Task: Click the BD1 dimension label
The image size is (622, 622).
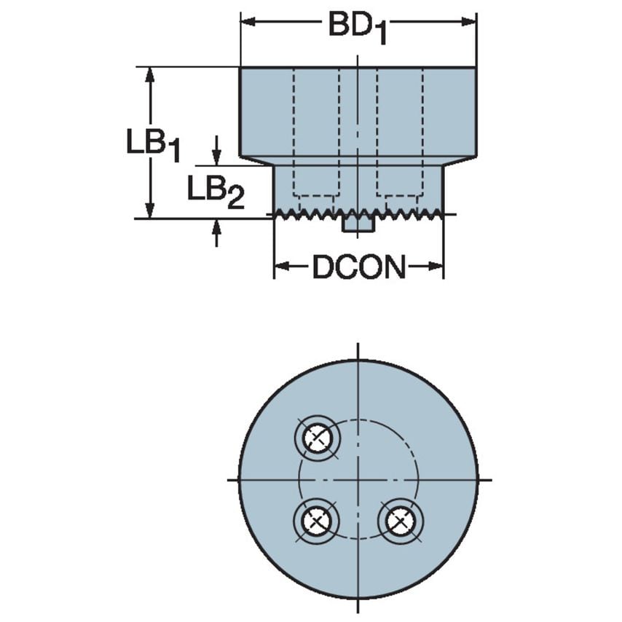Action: [x=357, y=27]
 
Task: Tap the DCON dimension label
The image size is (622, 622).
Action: [x=358, y=268]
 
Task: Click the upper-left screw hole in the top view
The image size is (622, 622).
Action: [x=316, y=438]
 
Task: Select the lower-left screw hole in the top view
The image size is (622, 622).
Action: [x=316, y=520]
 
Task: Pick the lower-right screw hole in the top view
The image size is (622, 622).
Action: [x=399, y=520]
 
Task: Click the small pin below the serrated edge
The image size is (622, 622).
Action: [x=358, y=225]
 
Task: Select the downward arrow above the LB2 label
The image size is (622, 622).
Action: [x=216, y=157]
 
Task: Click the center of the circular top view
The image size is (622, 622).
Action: [x=358, y=479]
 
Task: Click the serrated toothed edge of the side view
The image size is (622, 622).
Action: [x=358, y=213]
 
